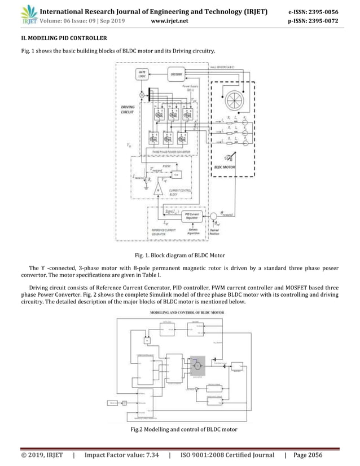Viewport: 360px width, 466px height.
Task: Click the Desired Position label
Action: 215,231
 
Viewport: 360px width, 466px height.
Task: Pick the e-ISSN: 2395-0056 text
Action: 324,10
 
